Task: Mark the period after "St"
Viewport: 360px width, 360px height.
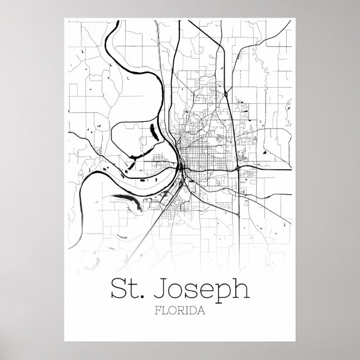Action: [144, 296]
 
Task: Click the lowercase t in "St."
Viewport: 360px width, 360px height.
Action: [136, 291]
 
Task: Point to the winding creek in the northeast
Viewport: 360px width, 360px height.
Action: [257, 56]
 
